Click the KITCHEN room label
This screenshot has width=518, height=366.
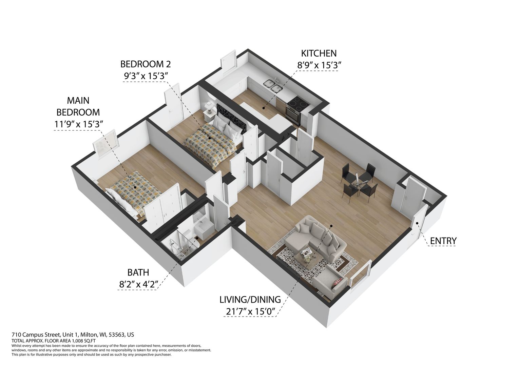coord(319,54)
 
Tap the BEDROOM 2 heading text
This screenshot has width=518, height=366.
coord(146,64)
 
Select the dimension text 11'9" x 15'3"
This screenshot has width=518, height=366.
coord(78,124)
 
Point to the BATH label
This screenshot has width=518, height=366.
coord(138,273)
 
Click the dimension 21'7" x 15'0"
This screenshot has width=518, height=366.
coord(250,312)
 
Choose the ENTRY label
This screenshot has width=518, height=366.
coord(443,241)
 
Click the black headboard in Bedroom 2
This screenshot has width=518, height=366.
coord(232,118)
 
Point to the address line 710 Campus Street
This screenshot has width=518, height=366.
coord(73,334)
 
